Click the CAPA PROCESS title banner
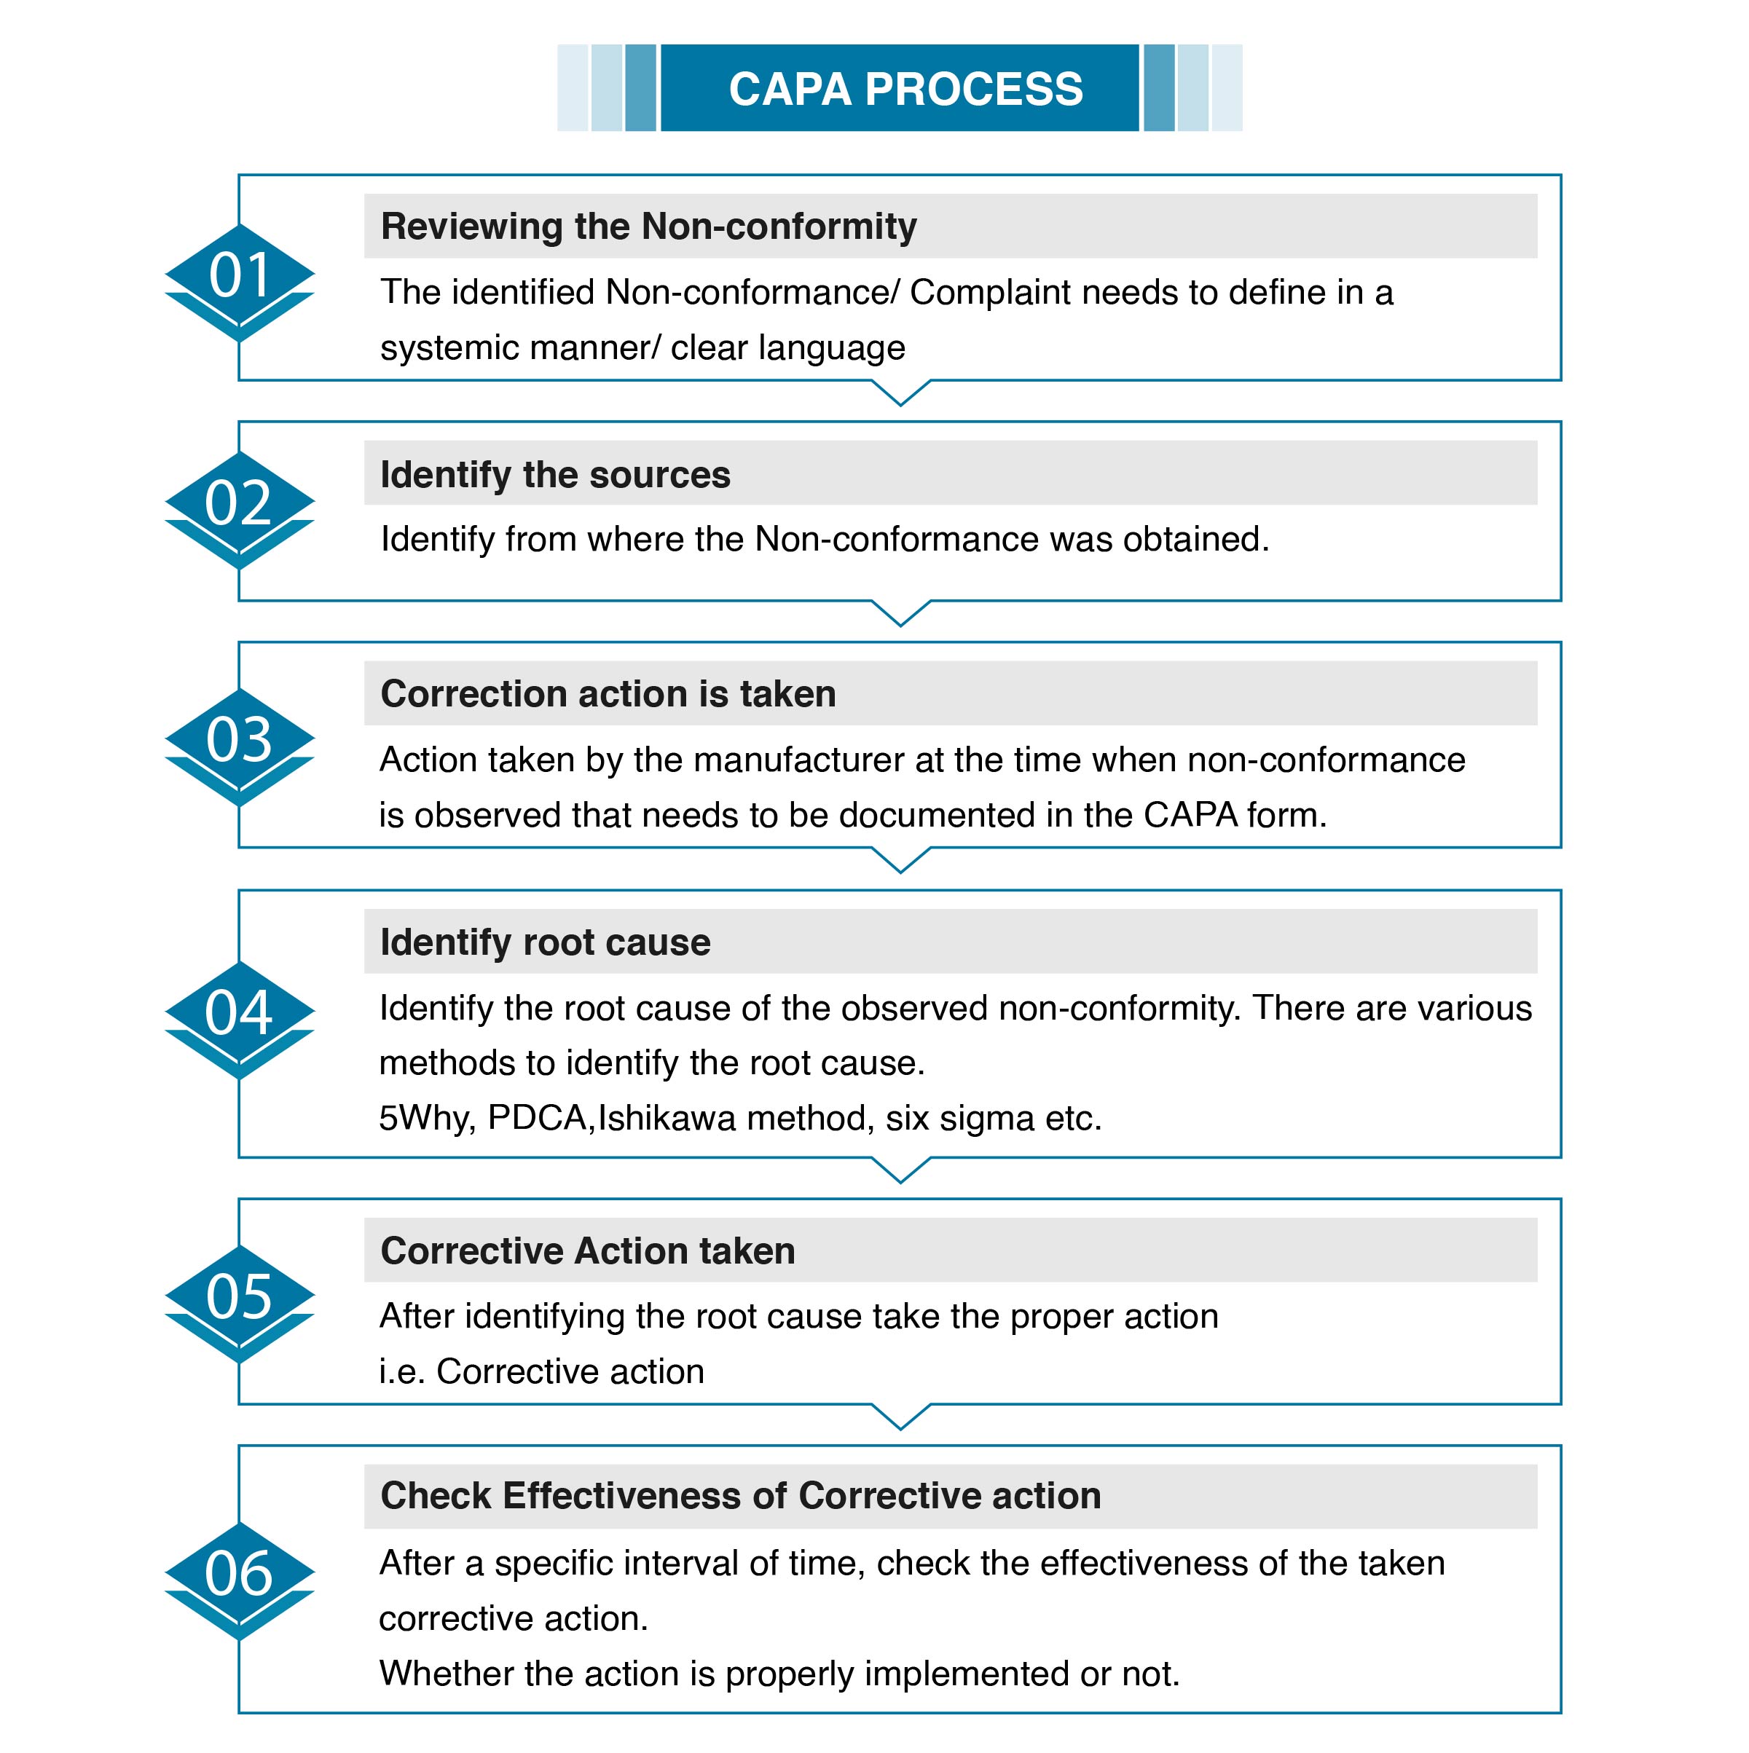pyautogui.click(x=899, y=88)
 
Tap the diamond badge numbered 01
pyautogui.click(x=240, y=282)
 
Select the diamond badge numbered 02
pyautogui.click(x=240, y=510)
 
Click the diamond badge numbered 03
pyautogui.click(x=240, y=746)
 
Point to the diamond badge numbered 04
pyautogui.click(x=240, y=1020)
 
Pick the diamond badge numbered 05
pyautogui.click(x=240, y=1304)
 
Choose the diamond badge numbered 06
pyautogui.click(x=240, y=1582)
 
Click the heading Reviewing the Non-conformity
pyautogui.click(x=648, y=226)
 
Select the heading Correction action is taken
pyautogui.click(x=608, y=693)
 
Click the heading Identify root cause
pyautogui.click(x=545, y=942)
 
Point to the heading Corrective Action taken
pyautogui.click(x=587, y=1250)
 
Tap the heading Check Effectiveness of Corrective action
pyautogui.click(x=741, y=1495)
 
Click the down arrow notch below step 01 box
pyautogui.click(x=900, y=393)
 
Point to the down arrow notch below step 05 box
pyautogui.click(x=900, y=1417)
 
